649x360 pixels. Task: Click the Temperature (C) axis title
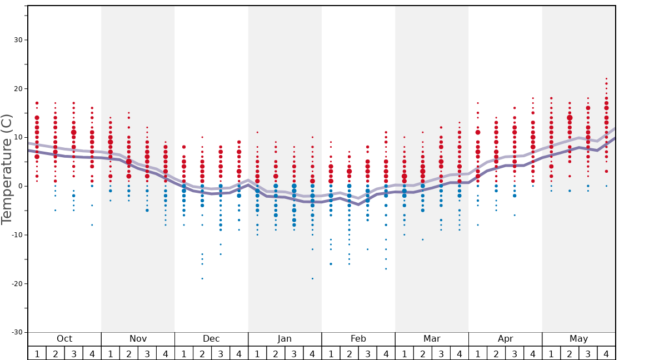(7, 168)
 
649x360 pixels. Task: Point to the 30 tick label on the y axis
(17, 40)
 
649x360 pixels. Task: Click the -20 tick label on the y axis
(16, 283)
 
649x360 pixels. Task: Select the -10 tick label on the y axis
(16, 234)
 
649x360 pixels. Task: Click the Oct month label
(64, 339)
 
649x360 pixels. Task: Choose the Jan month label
(284, 339)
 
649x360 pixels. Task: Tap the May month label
(578, 339)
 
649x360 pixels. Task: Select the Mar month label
(432, 339)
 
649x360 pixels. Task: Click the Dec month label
(211, 339)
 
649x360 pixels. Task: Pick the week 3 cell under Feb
(367, 353)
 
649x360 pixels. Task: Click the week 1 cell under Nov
(111, 353)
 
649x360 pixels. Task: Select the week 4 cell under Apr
(533, 353)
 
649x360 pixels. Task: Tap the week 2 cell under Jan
(276, 353)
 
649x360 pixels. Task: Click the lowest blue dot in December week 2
(202, 278)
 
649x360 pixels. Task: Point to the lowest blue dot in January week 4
(312, 278)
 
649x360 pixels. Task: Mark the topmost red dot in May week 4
(606, 79)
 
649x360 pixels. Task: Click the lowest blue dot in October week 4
(92, 225)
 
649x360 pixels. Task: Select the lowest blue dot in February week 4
(386, 269)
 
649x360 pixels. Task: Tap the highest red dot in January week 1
(257, 132)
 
